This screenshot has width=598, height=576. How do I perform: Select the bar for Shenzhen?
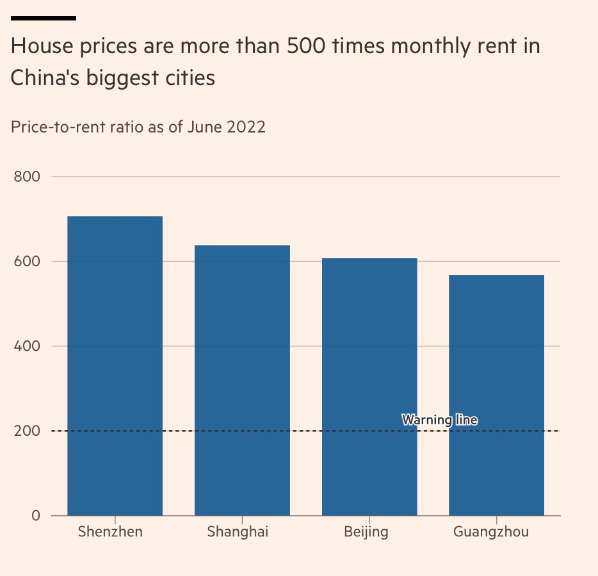pyautogui.click(x=115, y=365)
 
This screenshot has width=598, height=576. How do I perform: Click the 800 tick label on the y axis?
pyautogui.click(x=28, y=177)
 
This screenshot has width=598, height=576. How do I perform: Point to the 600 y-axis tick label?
pyautogui.click(x=28, y=262)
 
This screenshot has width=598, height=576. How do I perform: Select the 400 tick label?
pyautogui.click(x=28, y=346)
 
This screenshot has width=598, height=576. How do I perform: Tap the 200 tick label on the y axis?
pyautogui.click(x=28, y=431)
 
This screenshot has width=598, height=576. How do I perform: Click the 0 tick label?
pyautogui.click(x=35, y=516)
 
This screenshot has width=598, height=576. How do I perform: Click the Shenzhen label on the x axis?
pyautogui.click(x=110, y=532)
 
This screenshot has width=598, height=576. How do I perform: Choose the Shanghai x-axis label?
pyautogui.click(x=238, y=532)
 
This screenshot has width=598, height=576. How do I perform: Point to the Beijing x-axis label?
pyautogui.click(x=366, y=532)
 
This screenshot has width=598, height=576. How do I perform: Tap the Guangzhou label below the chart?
pyautogui.click(x=491, y=532)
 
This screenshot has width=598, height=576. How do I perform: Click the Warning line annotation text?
pyautogui.click(x=439, y=420)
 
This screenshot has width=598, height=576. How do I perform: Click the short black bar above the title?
pyautogui.click(x=44, y=18)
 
